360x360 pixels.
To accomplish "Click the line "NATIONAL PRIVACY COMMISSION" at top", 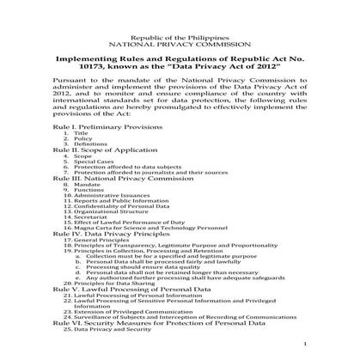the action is (180, 40).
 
